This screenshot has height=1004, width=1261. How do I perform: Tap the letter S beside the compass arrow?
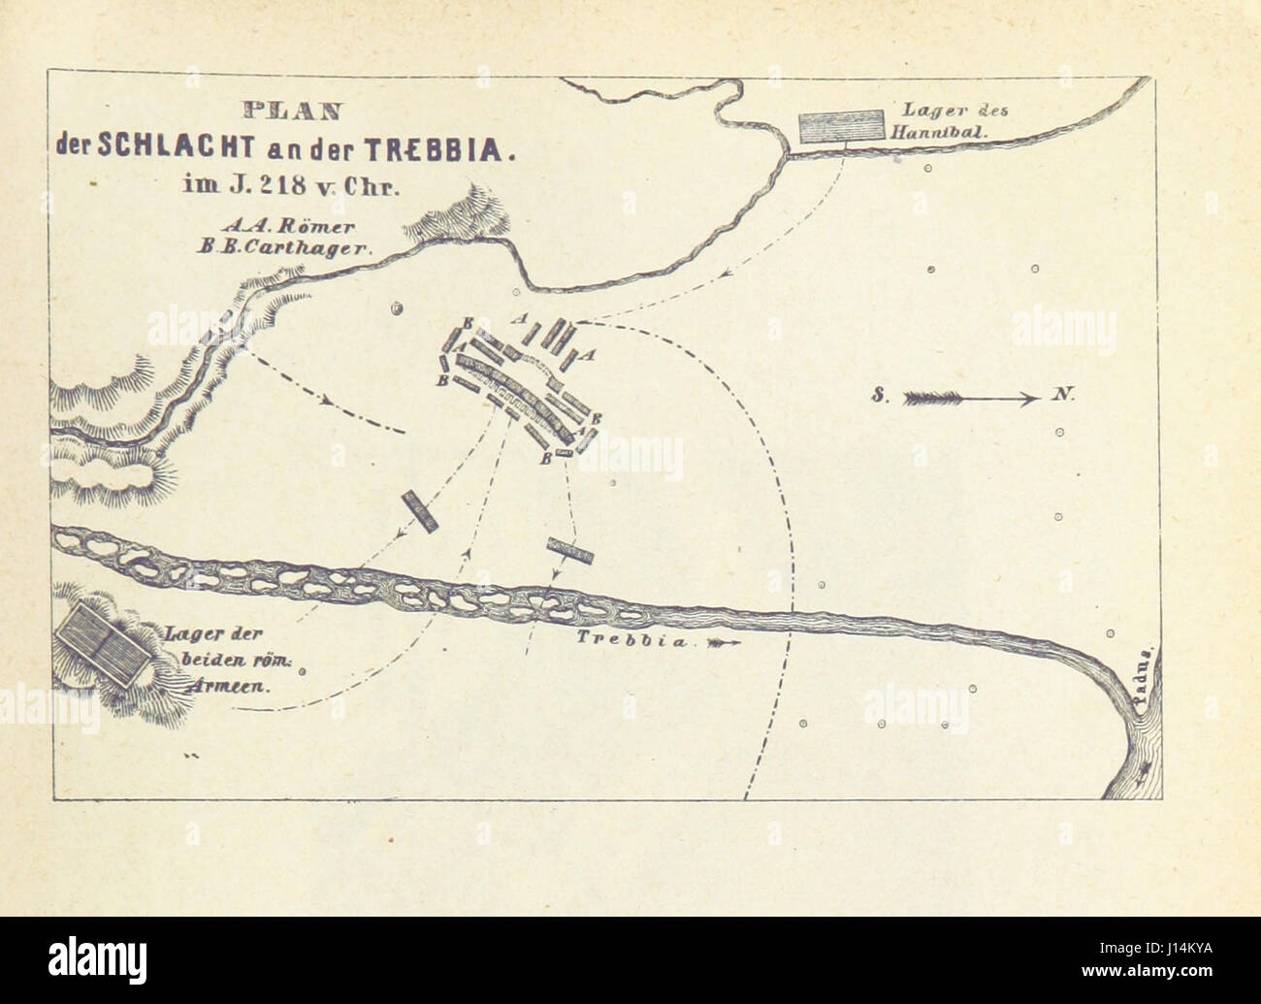877,396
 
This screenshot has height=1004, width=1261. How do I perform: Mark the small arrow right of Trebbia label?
725,642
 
